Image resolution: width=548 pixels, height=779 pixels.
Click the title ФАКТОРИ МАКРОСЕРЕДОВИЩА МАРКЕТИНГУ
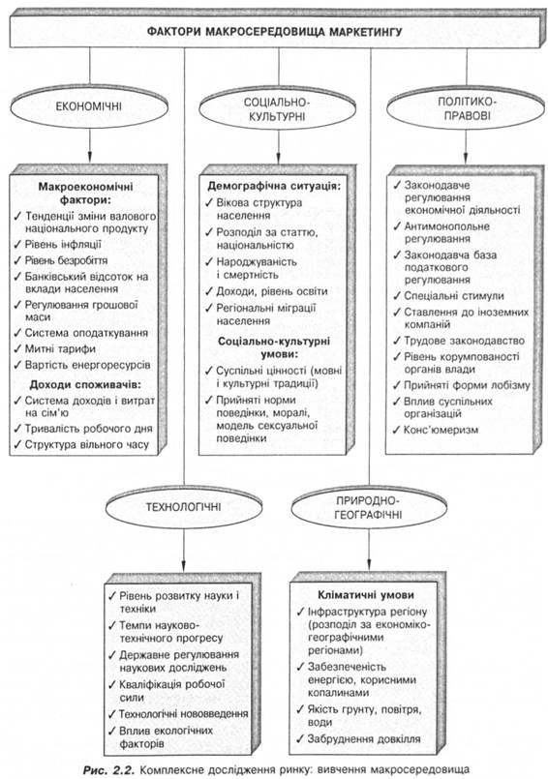pyautogui.click(x=275, y=32)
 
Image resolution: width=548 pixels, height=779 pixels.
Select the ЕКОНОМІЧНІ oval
pyautogui.click(x=89, y=106)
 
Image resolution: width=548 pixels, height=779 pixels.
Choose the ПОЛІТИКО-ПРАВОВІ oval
pyautogui.click(x=466, y=109)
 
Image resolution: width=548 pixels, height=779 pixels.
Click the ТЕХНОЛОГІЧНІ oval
pyautogui.click(x=184, y=508)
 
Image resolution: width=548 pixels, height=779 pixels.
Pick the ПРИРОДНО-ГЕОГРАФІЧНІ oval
pyautogui.click(x=369, y=508)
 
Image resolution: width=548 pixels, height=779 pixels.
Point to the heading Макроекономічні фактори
pyautogui.click(x=86, y=194)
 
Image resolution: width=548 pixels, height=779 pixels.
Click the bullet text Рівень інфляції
pyautogui.click(x=63, y=245)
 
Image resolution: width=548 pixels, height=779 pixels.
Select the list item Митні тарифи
pyautogui.click(x=60, y=348)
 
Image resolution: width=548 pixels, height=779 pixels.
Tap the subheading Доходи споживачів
pyautogui.click(x=85, y=384)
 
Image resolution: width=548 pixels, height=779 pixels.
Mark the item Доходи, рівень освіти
pyautogui.click(x=272, y=291)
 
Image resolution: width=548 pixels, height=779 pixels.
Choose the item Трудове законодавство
pyautogui.click(x=464, y=341)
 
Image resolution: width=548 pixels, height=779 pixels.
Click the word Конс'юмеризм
pyautogui.click(x=441, y=430)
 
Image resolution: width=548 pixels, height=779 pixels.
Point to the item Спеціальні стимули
pyautogui.click(x=453, y=296)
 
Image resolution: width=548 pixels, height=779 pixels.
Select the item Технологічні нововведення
pyautogui.click(x=184, y=714)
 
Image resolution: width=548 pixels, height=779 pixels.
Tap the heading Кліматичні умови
pyautogui.click(x=366, y=595)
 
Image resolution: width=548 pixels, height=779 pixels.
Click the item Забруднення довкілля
pyautogui.click(x=364, y=739)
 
